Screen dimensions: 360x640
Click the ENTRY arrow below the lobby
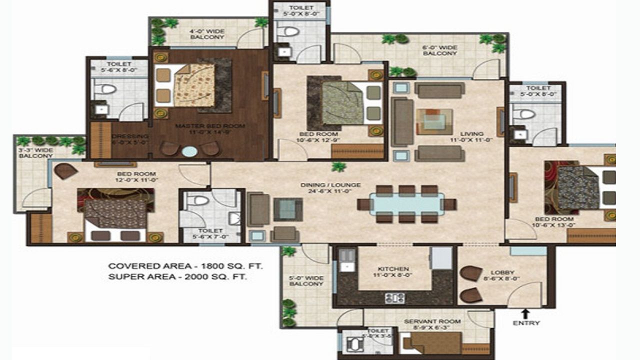[525, 313]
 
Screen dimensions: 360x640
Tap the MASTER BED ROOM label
[210, 129]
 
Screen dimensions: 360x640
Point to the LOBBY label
[505, 276]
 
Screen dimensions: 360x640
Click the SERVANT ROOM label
[432, 324]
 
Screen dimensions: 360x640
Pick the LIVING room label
[472, 137]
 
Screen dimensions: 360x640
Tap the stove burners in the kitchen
[394, 298]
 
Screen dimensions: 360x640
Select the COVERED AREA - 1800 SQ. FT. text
[185, 266]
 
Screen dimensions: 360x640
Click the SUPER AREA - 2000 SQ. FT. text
[177, 276]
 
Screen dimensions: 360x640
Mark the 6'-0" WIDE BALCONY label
[439, 50]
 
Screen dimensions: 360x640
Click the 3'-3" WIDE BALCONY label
[35, 152]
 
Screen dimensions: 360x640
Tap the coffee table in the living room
[434, 121]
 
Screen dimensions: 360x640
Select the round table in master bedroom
[189, 151]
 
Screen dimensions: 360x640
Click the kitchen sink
[345, 261]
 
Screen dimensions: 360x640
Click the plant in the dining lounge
[339, 167]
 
